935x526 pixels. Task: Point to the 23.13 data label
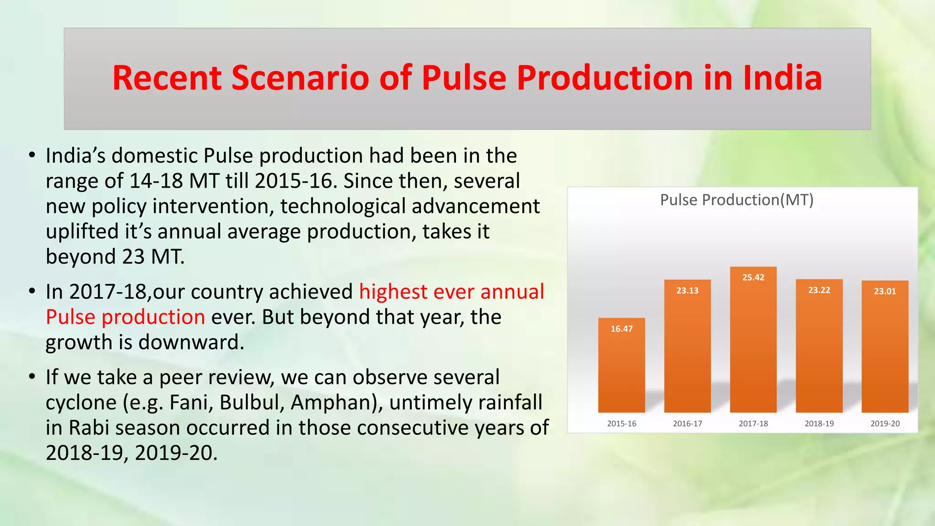pos(687,291)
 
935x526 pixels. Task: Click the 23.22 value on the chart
pos(819,290)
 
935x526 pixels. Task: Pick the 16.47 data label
pos(621,329)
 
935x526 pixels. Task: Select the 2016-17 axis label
pos(687,424)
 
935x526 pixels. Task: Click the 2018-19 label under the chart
pos(819,424)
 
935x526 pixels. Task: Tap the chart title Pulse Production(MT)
pos(737,200)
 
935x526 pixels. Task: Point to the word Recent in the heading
pos(167,78)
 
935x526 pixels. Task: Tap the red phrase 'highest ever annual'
pos(452,292)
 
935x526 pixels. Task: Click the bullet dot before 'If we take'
pos(32,377)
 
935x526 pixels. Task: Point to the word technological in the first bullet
pos(343,206)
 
